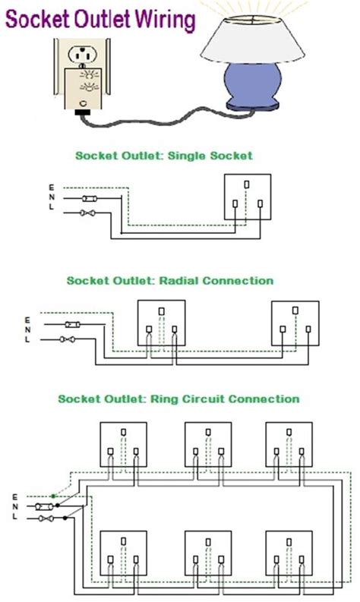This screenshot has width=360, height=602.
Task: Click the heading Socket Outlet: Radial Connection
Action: click(169, 280)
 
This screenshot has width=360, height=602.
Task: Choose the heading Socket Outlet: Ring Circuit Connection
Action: click(178, 399)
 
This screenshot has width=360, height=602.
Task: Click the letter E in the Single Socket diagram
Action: click(52, 188)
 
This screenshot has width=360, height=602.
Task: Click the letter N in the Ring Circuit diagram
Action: click(15, 506)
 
